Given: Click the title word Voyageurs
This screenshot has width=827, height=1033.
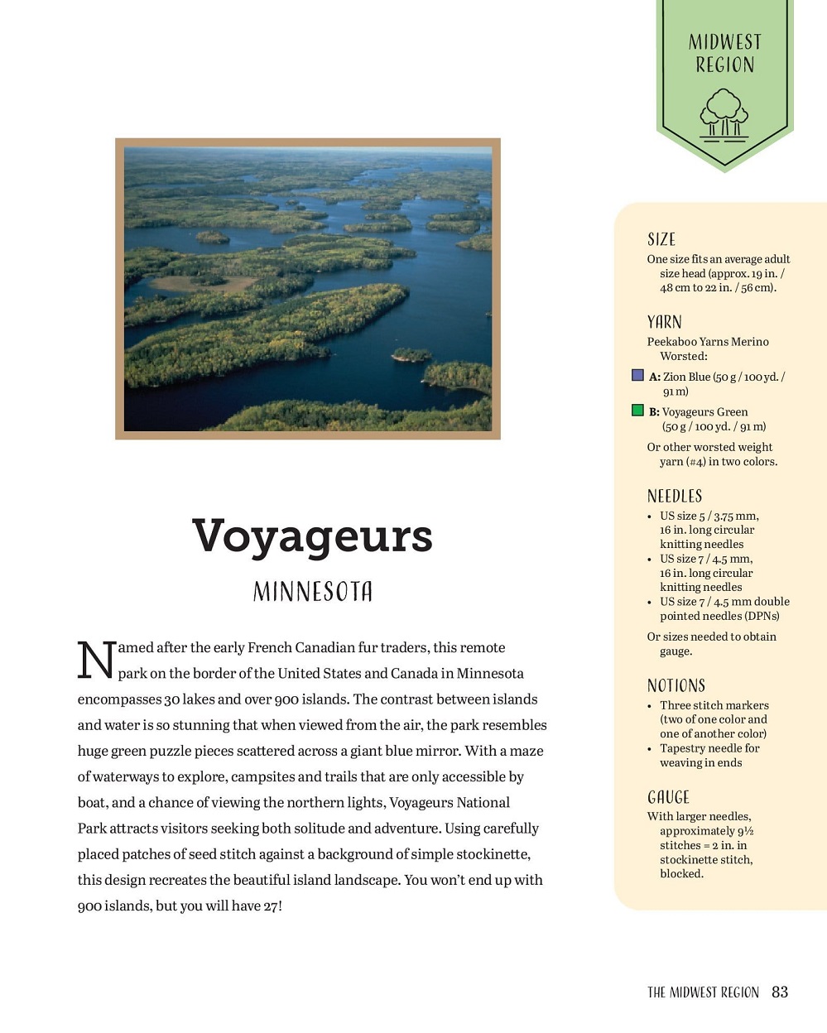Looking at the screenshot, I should pos(312,536).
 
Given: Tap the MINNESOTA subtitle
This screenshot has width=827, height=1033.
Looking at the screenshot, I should pos(312,592).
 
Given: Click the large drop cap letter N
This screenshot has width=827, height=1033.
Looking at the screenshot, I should pos(96,661).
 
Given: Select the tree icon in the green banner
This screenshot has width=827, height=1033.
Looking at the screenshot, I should pos(724,114).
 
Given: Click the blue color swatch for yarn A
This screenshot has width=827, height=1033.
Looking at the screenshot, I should pos(637,376).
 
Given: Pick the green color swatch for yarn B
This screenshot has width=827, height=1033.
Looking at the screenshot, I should pos(637,411).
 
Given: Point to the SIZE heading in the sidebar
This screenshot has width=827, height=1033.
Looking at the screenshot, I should pos(661,240).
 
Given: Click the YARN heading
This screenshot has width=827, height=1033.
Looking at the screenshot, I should pos(665,323).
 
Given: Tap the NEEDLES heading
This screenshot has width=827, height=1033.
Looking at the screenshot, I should pos(675,497).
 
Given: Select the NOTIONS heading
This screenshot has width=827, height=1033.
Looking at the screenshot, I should pos(676,686).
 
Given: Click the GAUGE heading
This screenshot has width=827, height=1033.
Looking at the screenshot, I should pos(668,798).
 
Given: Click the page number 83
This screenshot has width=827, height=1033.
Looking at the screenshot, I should pos(780,992).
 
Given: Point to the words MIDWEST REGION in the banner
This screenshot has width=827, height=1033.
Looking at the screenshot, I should pos(724,54).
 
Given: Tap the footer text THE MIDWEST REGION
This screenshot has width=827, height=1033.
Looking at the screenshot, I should pos(703,992).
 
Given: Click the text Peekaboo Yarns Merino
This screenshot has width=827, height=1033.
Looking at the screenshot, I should pos(708,342).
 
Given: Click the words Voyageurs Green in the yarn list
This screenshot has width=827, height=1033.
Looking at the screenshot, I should pos(704,412).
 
